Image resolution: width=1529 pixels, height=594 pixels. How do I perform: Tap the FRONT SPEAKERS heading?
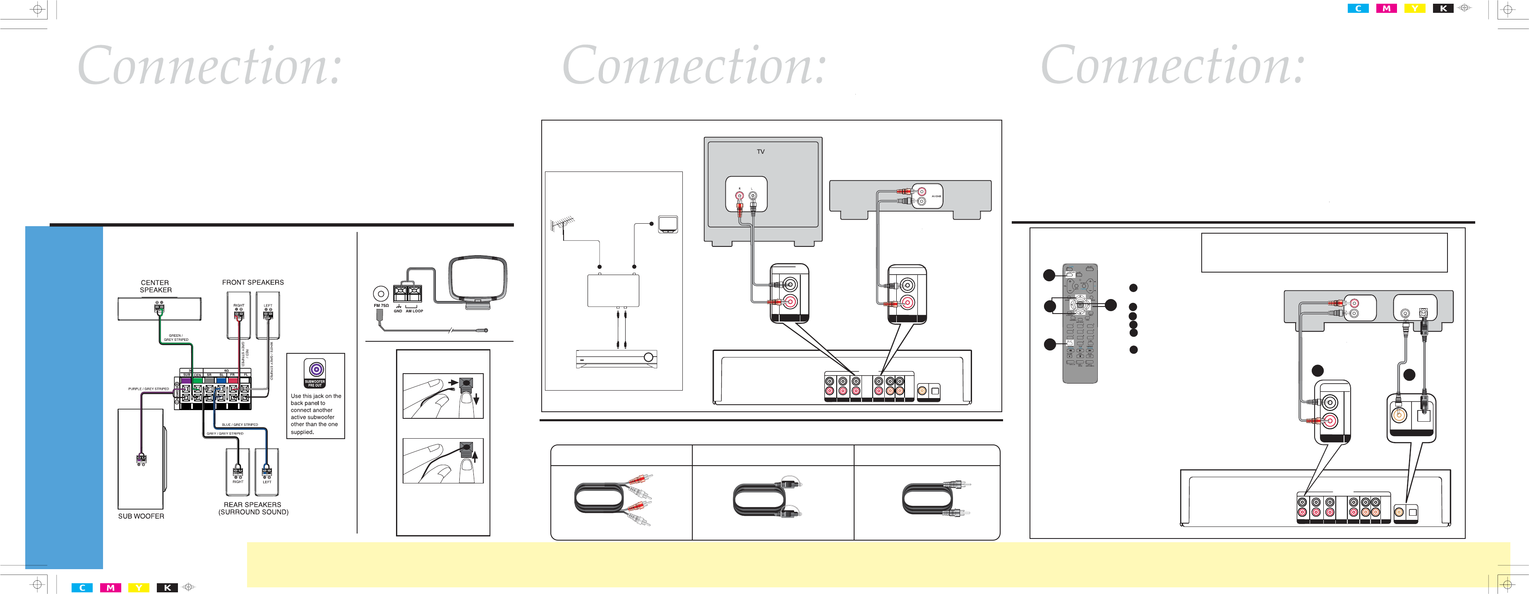[x=253, y=282]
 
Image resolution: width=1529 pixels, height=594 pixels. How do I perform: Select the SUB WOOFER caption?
[x=141, y=516]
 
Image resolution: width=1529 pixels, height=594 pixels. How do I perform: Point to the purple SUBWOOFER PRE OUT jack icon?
[x=317, y=369]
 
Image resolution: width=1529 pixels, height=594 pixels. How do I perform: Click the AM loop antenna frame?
[x=478, y=279]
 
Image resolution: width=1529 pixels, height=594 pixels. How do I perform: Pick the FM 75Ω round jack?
[x=380, y=293]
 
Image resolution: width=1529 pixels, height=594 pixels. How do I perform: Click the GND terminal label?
[x=398, y=311]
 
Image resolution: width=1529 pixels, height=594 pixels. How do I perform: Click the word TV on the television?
[x=760, y=152]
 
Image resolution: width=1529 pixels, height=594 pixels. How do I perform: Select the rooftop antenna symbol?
[x=562, y=225]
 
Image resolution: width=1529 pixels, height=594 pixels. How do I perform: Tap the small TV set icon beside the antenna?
[x=668, y=224]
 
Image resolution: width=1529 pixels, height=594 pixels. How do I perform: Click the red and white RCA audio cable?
[x=612, y=499]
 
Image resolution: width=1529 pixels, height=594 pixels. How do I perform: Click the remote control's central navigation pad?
[x=1080, y=305]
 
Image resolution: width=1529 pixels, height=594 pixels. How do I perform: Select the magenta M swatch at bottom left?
[x=110, y=587]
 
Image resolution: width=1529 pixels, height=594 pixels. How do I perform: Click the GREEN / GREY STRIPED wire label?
[x=176, y=338]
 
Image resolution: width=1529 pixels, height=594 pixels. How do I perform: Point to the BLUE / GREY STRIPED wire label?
[x=240, y=425]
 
